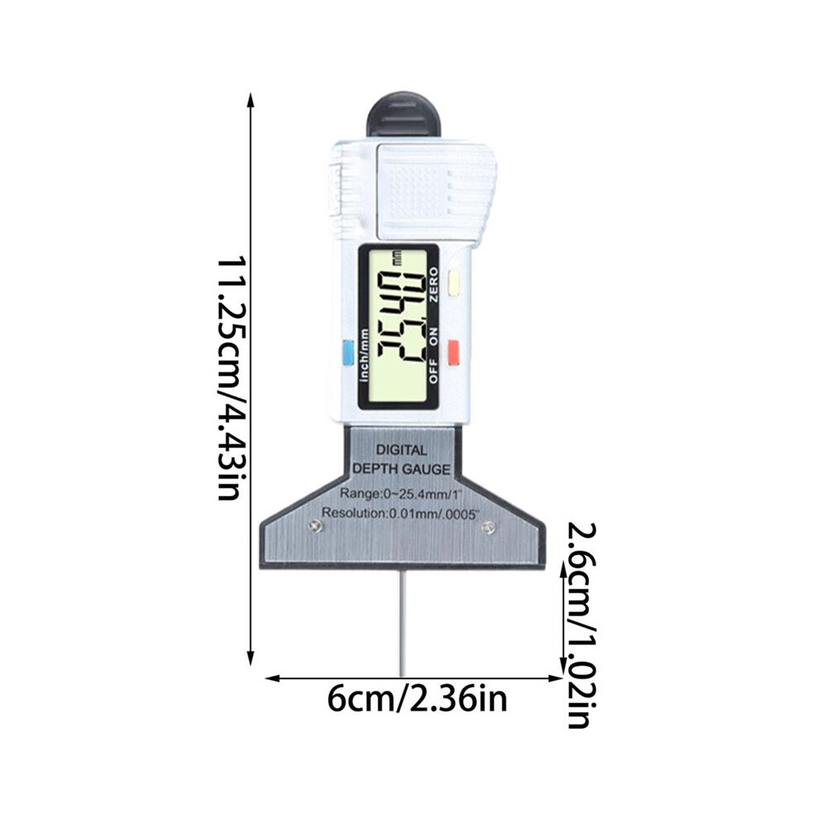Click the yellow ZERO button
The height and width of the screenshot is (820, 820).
[454, 282]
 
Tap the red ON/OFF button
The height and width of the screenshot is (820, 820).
[453, 351]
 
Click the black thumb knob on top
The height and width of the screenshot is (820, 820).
[403, 116]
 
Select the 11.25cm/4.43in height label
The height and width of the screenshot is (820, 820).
[229, 378]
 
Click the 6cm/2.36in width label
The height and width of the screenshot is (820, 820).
[417, 699]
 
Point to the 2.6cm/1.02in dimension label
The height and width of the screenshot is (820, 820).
[580, 625]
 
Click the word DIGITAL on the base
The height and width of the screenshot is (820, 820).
[402, 450]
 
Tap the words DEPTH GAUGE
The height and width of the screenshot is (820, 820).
[401, 469]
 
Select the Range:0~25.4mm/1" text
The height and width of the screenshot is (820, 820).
[402, 493]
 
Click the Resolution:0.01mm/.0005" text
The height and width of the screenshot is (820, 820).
[401, 514]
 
